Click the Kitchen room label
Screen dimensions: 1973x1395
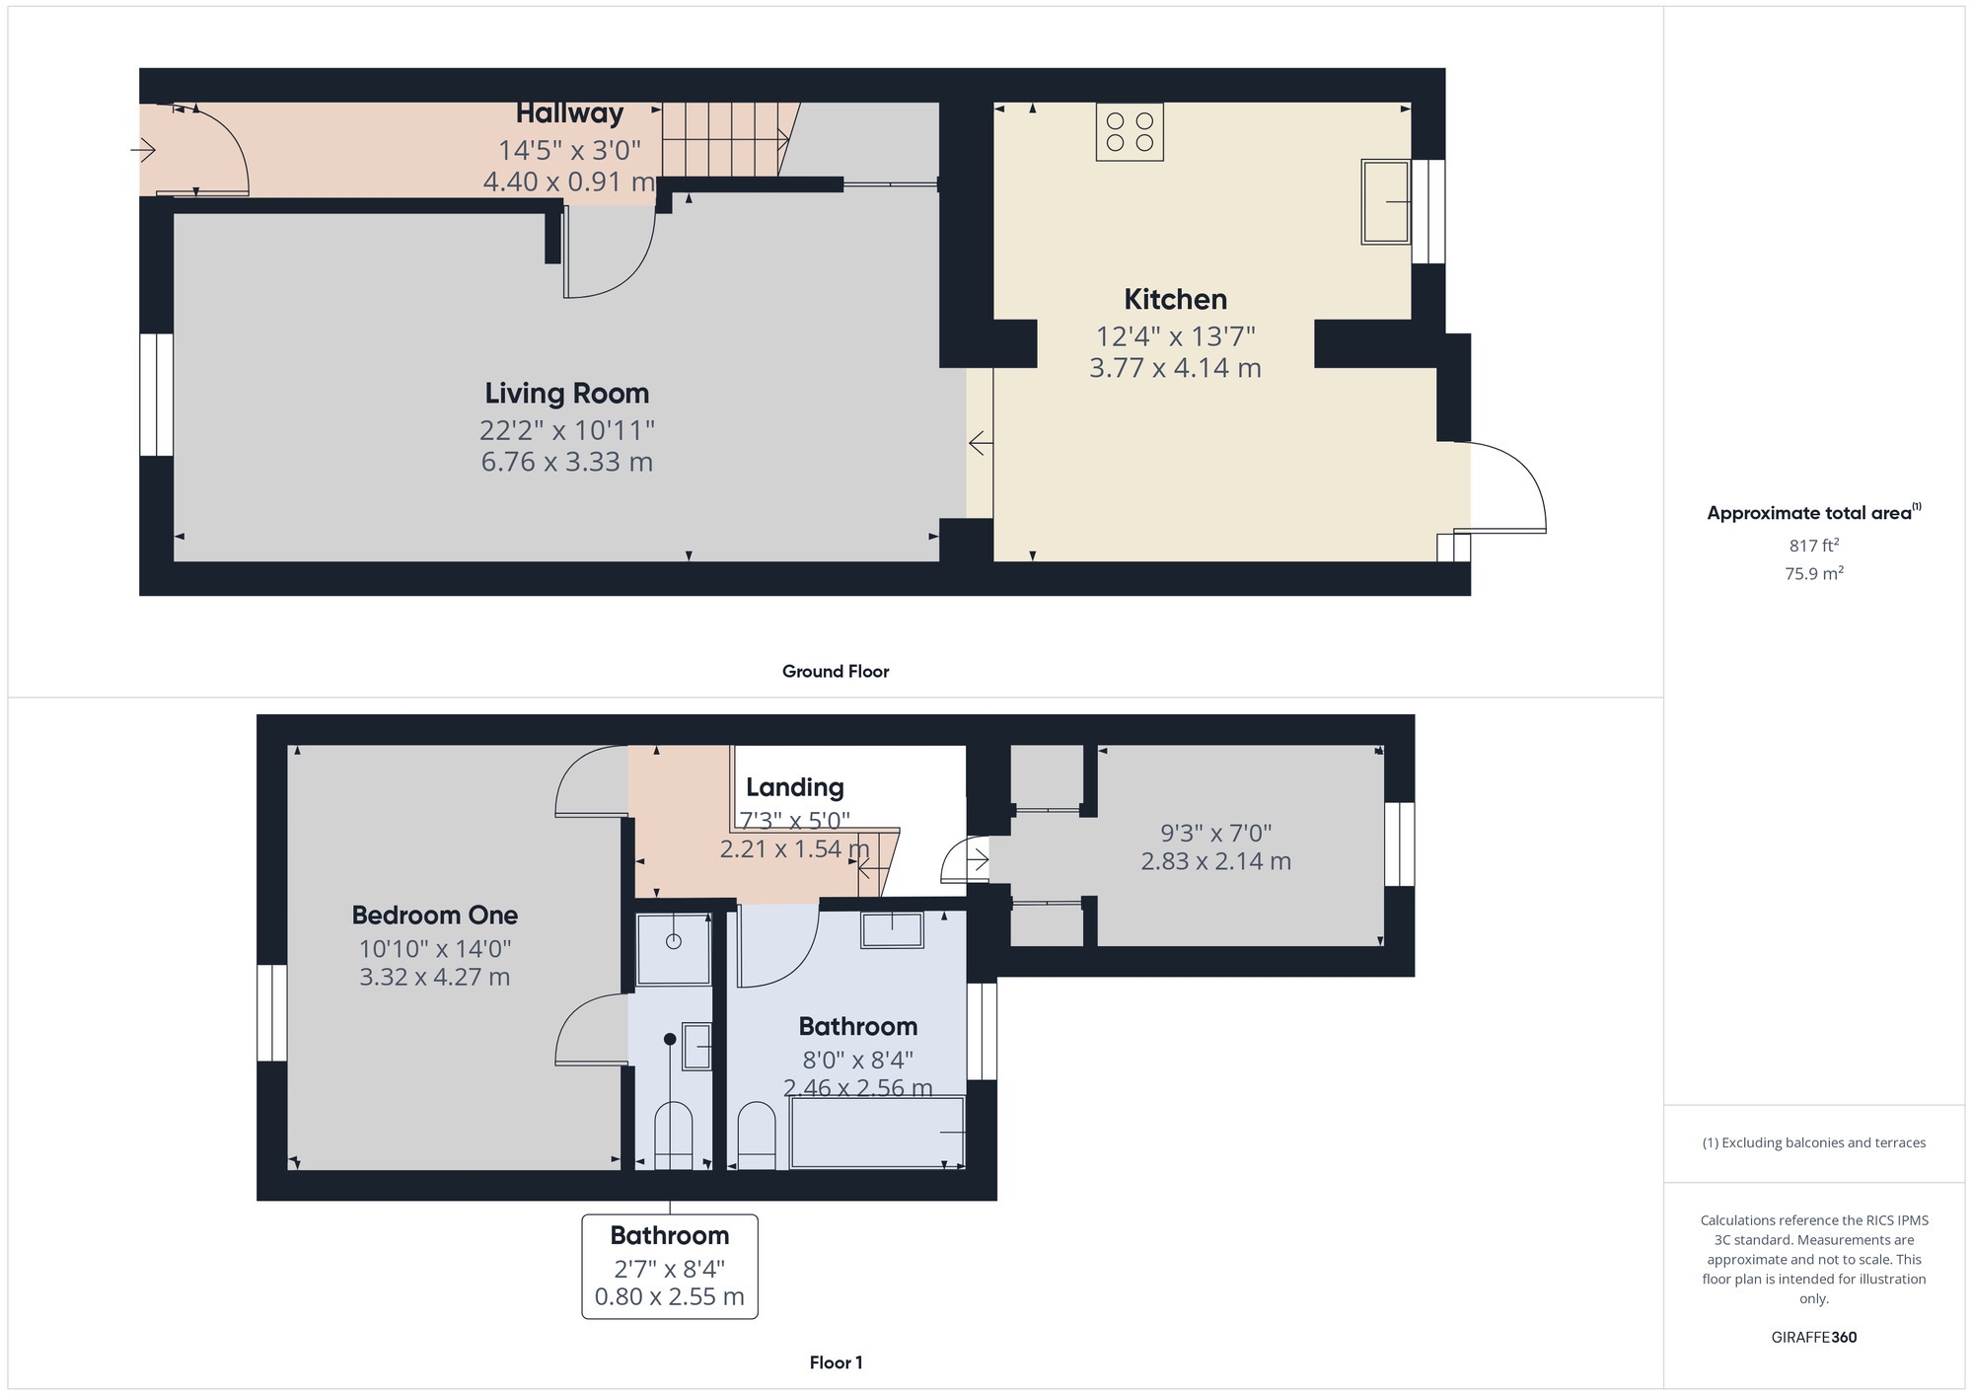coord(1175,299)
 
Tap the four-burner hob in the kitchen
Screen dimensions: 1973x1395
coord(1130,132)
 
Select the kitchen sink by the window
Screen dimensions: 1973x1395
coord(1386,201)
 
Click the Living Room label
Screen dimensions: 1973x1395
coord(566,393)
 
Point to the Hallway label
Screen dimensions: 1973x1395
coord(569,113)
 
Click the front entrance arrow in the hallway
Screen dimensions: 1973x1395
coord(143,150)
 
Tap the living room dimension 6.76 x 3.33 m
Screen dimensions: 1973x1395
coord(567,462)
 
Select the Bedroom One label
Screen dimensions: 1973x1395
coord(435,915)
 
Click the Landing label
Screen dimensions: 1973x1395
coord(795,787)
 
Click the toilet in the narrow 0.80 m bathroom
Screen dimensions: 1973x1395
coord(674,1137)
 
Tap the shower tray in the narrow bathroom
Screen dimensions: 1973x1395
coord(674,949)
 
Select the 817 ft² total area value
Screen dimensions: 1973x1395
coord(1814,545)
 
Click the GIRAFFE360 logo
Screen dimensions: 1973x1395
coord(1814,1338)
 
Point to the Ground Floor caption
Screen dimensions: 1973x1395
coord(836,671)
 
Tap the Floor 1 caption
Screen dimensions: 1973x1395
coord(836,1362)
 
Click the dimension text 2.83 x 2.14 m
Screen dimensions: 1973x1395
coord(1216,861)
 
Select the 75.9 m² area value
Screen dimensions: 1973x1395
coord(1814,573)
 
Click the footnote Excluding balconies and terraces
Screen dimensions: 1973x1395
coord(1814,1142)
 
